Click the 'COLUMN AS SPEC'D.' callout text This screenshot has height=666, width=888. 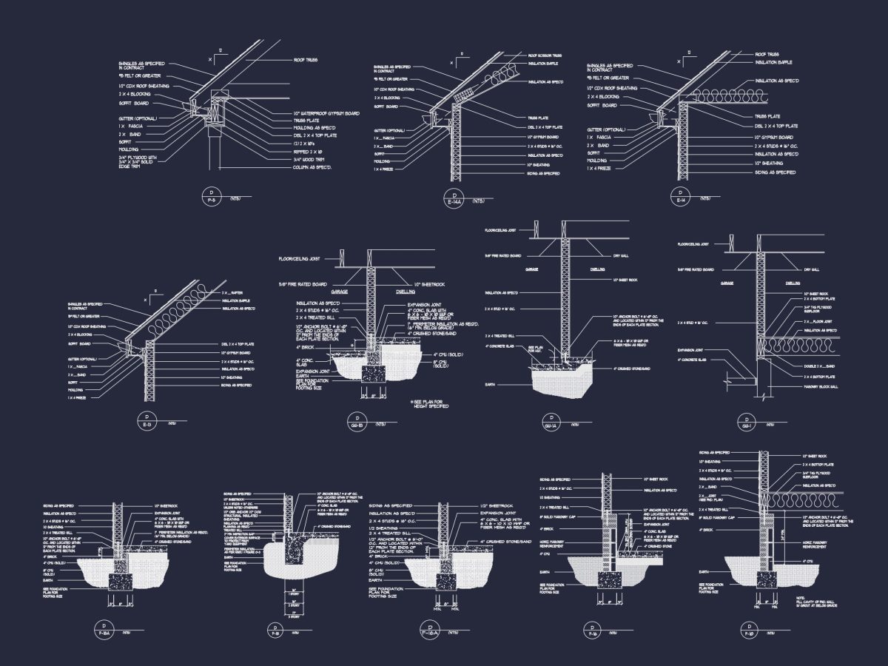tap(312, 168)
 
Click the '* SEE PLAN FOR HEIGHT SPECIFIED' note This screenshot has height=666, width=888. tap(430, 403)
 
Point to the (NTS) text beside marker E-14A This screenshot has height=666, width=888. tap(479, 200)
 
